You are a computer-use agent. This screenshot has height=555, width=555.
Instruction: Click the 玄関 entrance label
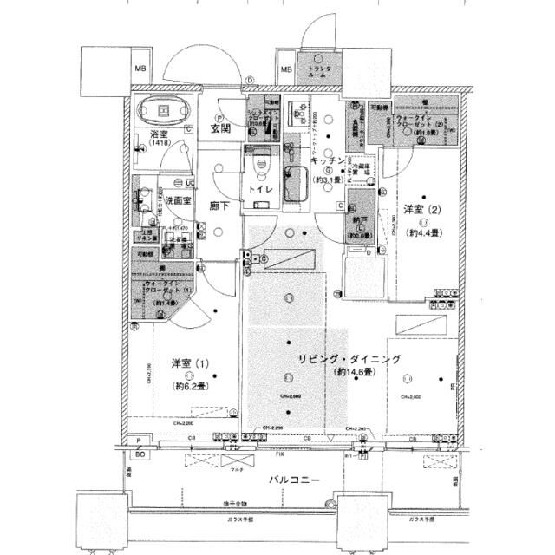coord(219,128)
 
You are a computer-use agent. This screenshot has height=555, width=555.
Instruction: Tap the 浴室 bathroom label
coord(158,135)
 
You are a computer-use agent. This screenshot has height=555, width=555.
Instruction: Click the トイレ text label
coord(262,189)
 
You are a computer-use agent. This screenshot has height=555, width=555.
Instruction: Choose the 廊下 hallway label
coord(219,206)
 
